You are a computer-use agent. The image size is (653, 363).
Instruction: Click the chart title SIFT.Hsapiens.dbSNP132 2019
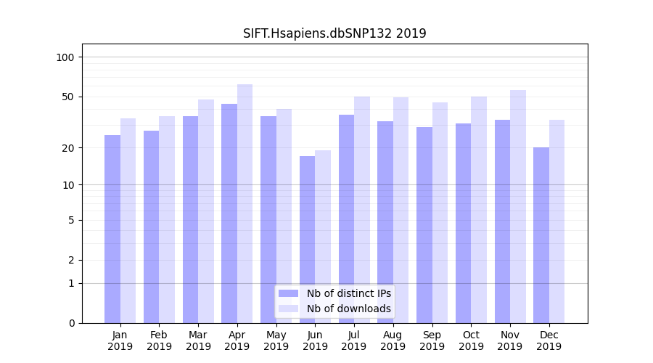[x=334, y=33]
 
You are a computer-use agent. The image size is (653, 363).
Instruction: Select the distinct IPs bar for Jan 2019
[x=112, y=229]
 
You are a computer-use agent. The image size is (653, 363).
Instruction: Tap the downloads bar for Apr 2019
[x=245, y=203]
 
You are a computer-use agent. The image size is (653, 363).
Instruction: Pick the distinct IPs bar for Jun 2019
[x=307, y=240]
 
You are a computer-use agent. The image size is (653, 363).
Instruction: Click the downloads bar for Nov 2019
[x=517, y=206]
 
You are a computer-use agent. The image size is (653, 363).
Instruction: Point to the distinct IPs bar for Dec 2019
[x=541, y=235]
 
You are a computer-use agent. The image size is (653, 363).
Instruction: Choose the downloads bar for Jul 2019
[x=361, y=210]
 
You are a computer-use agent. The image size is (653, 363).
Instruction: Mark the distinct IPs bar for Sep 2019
[x=424, y=225]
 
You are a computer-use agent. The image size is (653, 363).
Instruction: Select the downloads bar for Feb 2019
[x=167, y=219]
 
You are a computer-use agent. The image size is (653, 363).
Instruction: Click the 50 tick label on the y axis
[x=68, y=97]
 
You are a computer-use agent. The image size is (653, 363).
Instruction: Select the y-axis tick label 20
[x=68, y=148]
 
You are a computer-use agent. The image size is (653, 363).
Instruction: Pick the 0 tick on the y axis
[x=71, y=323]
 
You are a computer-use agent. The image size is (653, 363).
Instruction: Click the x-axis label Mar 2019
[x=198, y=340]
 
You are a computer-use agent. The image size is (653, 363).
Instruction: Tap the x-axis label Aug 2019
[x=393, y=340]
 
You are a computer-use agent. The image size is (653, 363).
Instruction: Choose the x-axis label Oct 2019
[x=471, y=340]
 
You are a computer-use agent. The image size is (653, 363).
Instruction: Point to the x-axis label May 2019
[x=276, y=340]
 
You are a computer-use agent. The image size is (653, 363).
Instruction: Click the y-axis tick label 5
[x=71, y=220]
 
